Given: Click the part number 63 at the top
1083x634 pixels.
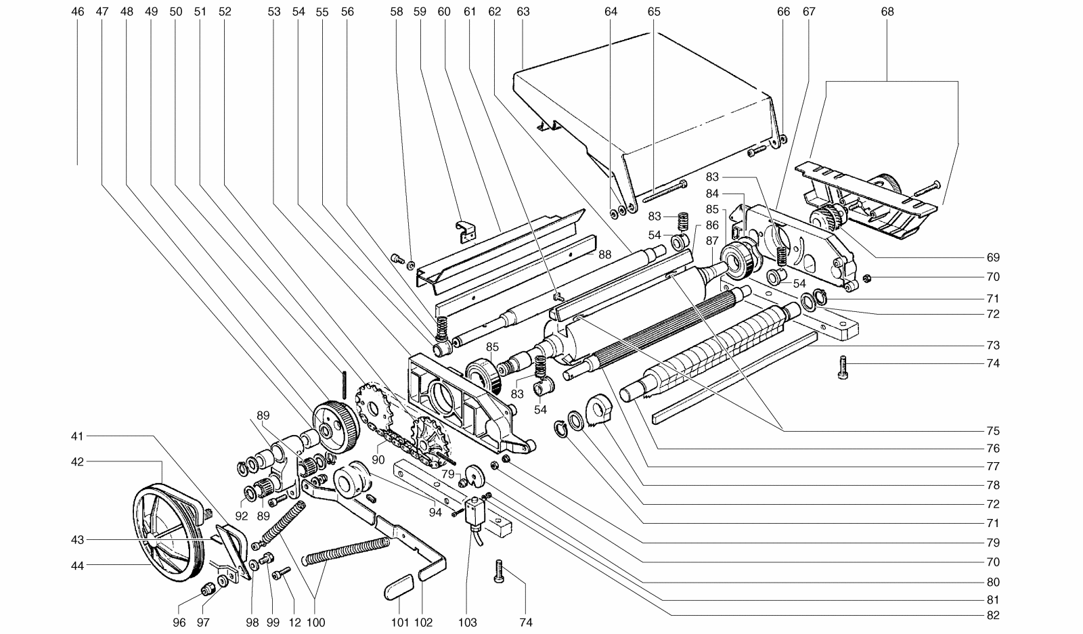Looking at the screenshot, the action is coord(523,12).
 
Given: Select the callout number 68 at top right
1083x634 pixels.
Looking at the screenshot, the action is coord(887,12).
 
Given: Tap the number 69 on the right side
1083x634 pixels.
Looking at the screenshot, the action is coord(992,258).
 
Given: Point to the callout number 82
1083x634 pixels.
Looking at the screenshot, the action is coord(992,615).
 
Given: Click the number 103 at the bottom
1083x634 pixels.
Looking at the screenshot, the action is coord(468,622).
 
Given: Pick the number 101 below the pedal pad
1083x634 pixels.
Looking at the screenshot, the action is coord(400,622).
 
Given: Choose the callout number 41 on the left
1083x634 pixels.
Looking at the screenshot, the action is coord(77,436).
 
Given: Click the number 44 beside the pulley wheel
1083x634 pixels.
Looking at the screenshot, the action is coord(77,566).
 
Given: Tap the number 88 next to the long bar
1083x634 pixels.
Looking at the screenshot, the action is coord(605,254).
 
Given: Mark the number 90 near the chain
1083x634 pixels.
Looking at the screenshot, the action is coord(378,460).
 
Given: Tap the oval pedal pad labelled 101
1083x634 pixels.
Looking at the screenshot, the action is coord(399,587).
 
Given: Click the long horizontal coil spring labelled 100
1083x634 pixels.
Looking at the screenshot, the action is coord(346,550).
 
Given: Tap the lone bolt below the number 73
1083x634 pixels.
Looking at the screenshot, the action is coord(843,367).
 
